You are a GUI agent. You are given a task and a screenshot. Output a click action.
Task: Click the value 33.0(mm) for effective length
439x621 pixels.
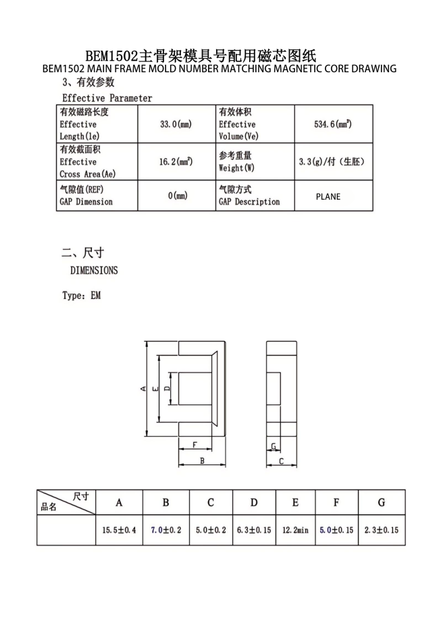tap(176, 124)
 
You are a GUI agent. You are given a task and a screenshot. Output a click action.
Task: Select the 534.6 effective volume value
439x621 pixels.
tap(333, 124)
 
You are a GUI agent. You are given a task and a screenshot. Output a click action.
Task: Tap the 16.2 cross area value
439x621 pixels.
tap(176, 162)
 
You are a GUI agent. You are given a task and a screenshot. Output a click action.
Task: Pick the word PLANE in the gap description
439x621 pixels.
tap(328, 196)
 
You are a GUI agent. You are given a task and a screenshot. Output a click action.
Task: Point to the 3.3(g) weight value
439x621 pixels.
tap(332, 162)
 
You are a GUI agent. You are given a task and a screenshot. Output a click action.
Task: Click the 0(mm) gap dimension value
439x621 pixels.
tap(178, 196)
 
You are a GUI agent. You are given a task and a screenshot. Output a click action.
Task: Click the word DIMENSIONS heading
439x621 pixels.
tap(94, 271)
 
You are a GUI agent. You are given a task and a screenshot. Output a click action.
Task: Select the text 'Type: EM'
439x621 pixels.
tap(81, 296)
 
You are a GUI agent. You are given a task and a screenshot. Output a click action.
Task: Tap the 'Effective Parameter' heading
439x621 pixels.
tap(107, 98)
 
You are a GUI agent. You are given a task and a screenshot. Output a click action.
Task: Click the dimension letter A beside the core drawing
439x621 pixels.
tap(143, 388)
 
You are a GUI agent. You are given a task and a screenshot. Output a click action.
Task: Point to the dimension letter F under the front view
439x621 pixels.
tap(195, 445)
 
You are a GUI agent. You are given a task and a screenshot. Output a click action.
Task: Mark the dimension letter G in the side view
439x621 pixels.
tap(273, 447)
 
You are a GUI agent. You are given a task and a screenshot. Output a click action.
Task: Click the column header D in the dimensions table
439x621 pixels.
tap(254, 502)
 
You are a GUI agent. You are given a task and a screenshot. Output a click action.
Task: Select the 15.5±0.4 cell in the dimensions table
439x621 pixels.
tap(119, 531)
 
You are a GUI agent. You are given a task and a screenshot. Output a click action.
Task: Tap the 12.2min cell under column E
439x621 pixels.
tap(295, 531)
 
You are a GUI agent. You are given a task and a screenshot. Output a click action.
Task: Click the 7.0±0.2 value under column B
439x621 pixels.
tap(165, 531)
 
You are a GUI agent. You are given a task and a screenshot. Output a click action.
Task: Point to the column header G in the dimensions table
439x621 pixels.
tap(382, 502)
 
